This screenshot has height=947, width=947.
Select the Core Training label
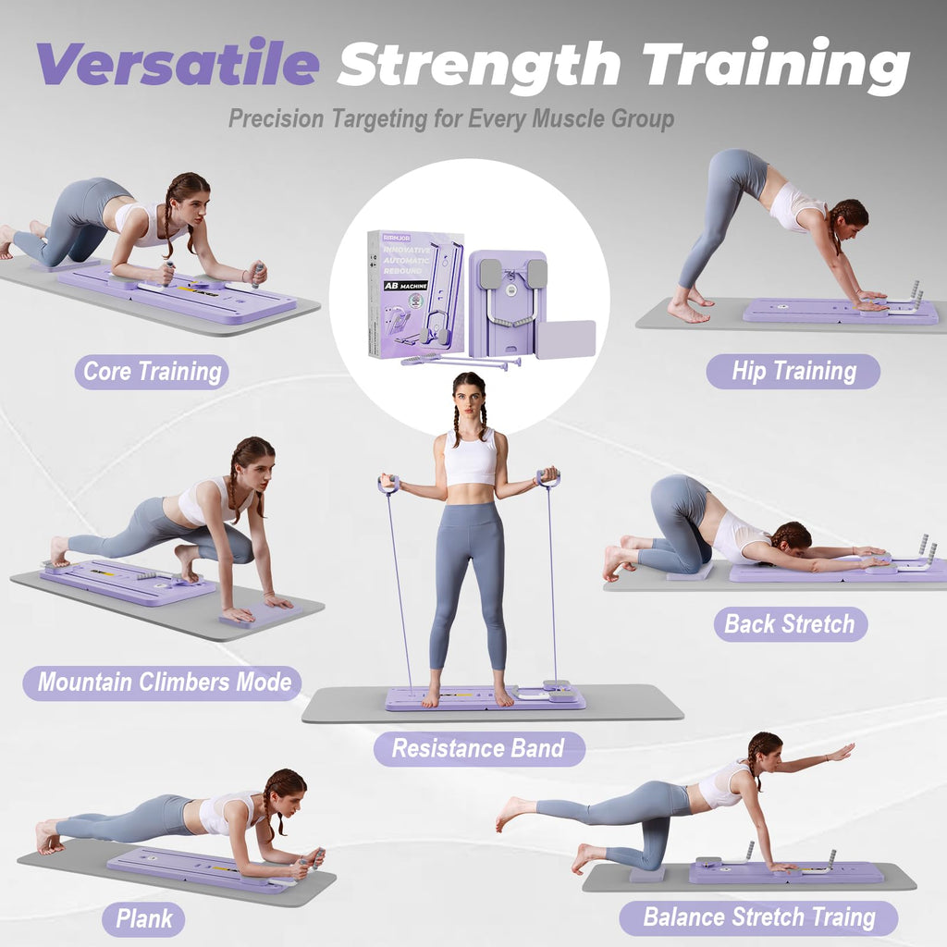pos(152,372)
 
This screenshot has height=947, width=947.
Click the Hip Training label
pos(793,371)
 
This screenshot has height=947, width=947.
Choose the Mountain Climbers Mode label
pos(163,683)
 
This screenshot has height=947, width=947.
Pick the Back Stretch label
pos(790,623)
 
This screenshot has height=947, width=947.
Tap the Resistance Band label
pos(478,748)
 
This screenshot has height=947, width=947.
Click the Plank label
pos(143,919)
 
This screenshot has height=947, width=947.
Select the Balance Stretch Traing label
pos(758,917)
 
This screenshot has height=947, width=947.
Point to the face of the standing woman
pos(471,400)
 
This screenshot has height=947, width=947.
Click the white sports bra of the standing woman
pos(471,458)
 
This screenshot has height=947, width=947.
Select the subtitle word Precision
pos(276,118)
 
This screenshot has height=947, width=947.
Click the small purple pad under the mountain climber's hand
pos(259,614)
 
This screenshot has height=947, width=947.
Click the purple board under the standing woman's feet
pos(485,698)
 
